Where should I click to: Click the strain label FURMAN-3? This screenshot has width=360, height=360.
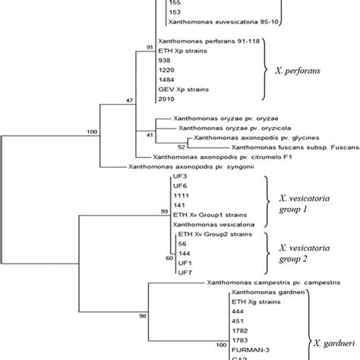(248, 352)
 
